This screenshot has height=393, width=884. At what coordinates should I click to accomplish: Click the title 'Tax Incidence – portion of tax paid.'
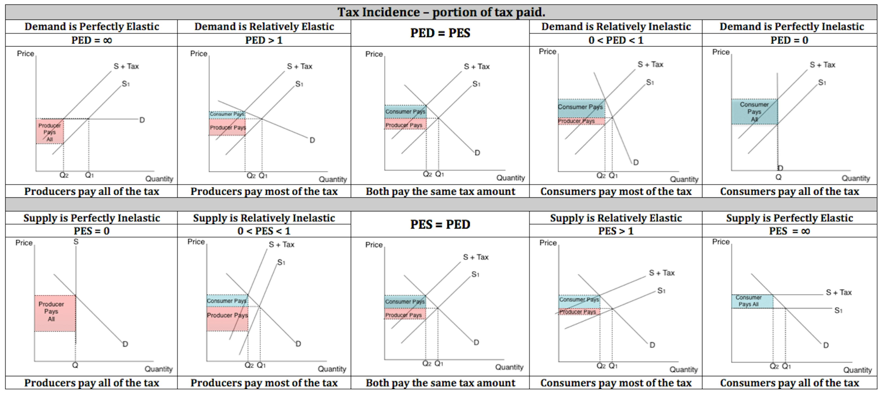[441, 12]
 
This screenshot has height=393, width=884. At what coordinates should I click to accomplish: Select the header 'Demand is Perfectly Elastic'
[92, 26]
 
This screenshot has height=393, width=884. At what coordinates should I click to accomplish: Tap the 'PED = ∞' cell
[92, 40]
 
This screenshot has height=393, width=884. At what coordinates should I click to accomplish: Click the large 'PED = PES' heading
[440, 33]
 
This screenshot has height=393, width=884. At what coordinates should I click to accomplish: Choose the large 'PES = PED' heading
[440, 224]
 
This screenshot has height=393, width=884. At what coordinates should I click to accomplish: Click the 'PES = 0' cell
[92, 231]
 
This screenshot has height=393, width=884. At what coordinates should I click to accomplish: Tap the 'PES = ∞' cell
[789, 231]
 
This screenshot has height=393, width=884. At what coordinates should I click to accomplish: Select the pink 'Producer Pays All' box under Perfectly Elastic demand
[50, 132]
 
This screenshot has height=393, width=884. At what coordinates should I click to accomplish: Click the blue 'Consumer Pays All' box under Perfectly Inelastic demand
[754, 112]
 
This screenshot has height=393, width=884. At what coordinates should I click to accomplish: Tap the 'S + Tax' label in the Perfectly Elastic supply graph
[839, 292]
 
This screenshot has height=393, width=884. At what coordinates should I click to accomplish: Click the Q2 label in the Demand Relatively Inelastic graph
[601, 175]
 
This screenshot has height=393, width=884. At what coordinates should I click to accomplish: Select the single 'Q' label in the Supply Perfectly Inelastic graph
[75, 365]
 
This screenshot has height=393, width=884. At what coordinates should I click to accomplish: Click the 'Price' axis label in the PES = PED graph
[374, 245]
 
